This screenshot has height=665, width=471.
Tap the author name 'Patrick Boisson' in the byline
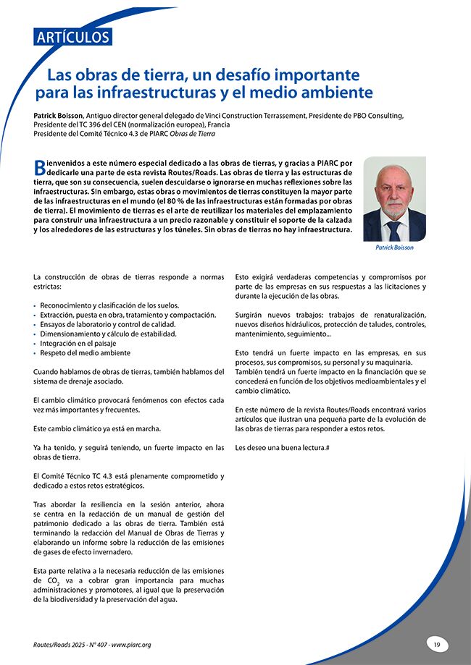pyautogui.click(x=59, y=115)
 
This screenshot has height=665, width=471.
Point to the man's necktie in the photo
pyautogui.click(x=393, y=231)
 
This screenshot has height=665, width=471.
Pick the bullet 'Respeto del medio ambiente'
pyautogui.click(x=85, y=352)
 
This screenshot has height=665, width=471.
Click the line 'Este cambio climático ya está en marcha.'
pyautogui.click(x=97, y=428)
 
